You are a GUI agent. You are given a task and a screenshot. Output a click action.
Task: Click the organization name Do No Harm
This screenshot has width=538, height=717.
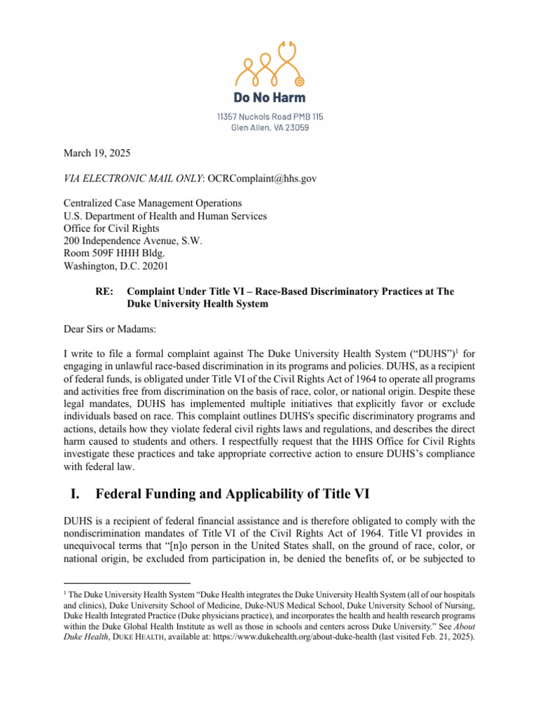(x=270, y=97)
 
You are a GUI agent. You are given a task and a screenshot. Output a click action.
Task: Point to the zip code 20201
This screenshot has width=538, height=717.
(x=153, y=267)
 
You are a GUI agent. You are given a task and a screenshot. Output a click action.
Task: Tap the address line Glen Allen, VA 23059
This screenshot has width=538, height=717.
(x=270, y=127)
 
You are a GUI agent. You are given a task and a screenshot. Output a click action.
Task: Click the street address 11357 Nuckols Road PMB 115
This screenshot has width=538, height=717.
(x=270, y=116)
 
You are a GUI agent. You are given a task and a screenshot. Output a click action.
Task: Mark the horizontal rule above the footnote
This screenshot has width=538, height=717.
(x=127, y=583)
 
